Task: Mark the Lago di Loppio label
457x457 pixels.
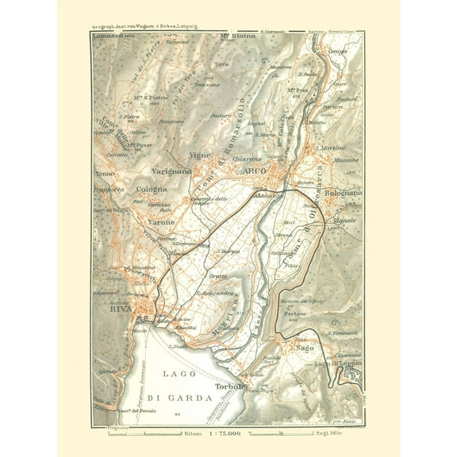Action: [337, 362]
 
